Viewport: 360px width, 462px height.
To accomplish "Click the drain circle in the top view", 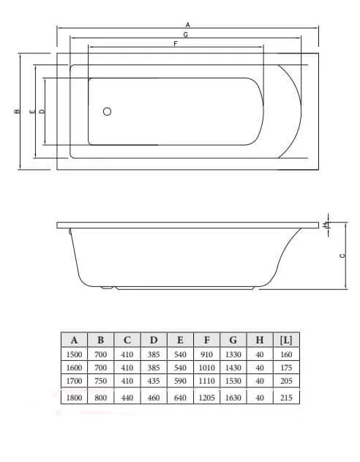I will (108, 112).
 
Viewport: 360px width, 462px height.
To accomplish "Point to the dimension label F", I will (175, 44).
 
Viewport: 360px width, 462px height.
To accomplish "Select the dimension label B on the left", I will (16, 112).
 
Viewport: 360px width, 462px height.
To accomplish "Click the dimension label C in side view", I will (342, 255).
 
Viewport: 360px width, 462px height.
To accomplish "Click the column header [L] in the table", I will (286, 340).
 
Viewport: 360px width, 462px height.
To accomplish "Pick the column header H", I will (260, 340).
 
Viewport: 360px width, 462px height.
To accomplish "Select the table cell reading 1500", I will (74, 354).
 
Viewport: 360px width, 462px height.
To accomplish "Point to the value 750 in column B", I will (100, 381).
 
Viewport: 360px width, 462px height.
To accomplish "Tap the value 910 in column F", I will (206, 354).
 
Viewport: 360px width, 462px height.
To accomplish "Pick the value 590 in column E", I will (180, 381).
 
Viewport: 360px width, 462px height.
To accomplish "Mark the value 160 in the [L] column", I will (286, 354).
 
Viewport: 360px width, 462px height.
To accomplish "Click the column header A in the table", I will (74, 340).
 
